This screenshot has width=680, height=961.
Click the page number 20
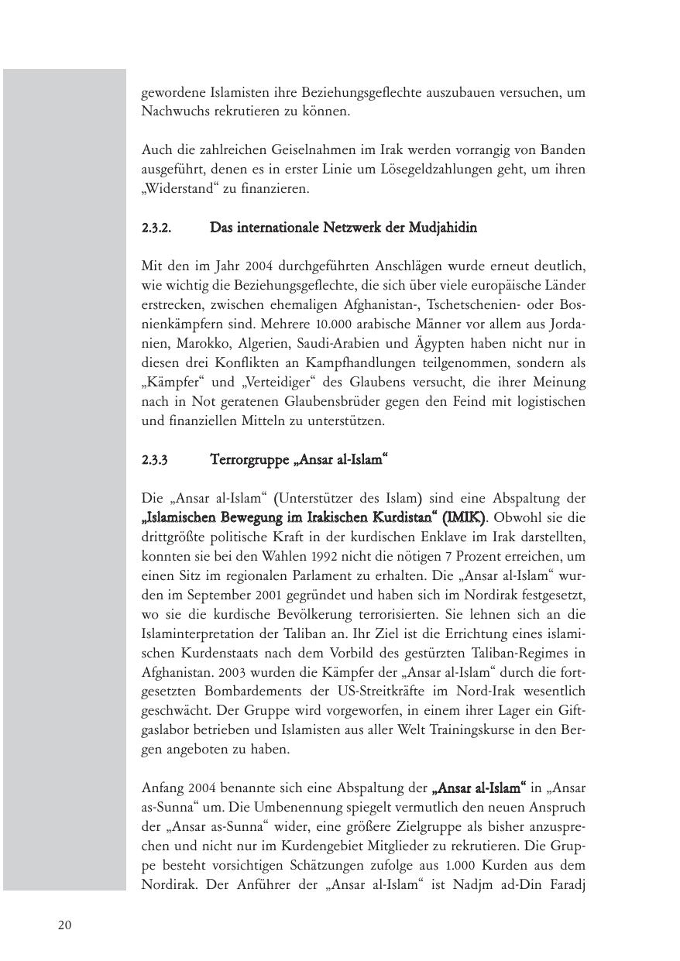pyautogui.click(x=64, y=925)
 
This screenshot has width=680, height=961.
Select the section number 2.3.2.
pyautogui.click(x=156, y=228)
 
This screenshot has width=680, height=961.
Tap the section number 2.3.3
pyautogui.click(x=154, y=460)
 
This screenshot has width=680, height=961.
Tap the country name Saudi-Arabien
pyautogui.click(x=356, y=344)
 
